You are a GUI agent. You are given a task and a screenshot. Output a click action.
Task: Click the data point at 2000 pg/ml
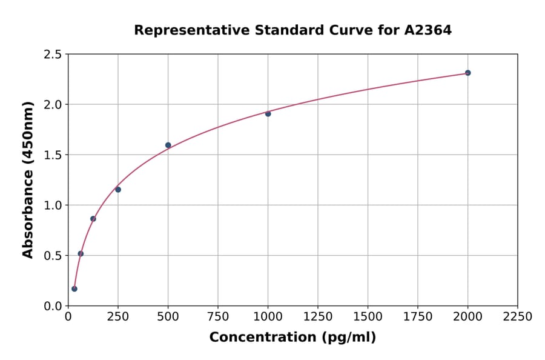[467, 73]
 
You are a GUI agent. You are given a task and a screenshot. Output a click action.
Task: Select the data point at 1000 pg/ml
[268, 113]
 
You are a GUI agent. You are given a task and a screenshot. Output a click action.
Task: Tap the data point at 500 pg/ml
[168, 145]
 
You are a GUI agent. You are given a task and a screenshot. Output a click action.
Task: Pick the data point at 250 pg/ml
[118, 190]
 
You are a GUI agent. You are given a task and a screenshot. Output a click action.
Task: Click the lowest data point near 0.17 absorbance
[74, 288]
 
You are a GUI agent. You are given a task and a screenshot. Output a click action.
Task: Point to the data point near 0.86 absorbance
[93, 219]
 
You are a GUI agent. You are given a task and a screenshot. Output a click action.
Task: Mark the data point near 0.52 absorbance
[81, 254]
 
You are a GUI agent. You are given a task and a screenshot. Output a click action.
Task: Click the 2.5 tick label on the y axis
[52, 55]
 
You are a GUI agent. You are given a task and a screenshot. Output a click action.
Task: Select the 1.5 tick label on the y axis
[52, 155]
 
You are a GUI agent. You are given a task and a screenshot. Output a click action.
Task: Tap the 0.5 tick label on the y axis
[52, 256]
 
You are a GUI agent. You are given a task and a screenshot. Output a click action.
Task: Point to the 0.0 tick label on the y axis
[52, 306]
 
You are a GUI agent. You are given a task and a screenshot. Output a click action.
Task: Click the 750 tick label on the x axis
[218, 317]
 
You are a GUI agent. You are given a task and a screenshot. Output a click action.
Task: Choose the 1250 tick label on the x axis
[318, 317]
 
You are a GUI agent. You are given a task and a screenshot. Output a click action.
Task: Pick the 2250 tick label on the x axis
[518, 317]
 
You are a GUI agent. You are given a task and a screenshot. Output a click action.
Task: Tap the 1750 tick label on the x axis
[418, 317]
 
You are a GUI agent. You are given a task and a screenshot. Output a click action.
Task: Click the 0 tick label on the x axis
[68, 317]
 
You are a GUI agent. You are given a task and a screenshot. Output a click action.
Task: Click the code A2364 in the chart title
[428, 30]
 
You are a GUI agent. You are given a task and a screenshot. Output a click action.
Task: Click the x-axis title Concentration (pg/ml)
[292, 338]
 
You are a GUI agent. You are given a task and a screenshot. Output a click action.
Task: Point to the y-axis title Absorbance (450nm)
[28, 179]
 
